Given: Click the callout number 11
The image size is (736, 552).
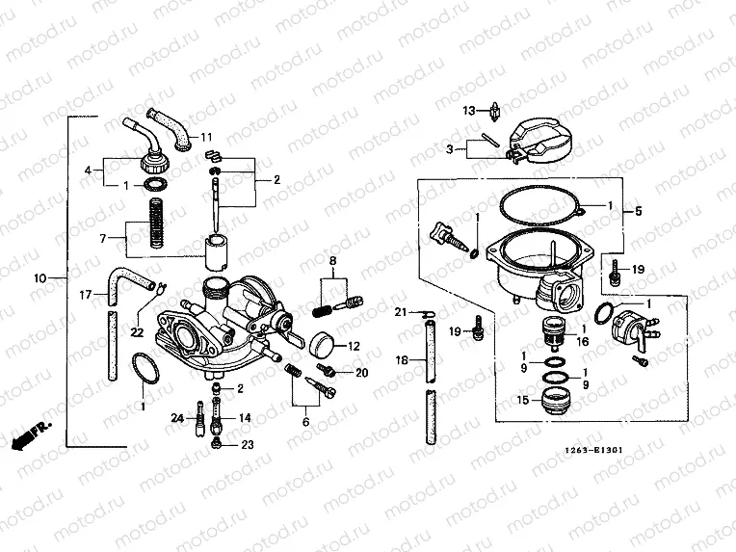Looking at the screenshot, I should pyautogui.click(x=206, y=137).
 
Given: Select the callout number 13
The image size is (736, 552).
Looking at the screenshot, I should pyautogui.click(x=469, y=111).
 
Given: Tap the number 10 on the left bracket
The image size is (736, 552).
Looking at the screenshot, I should pyautogui.click(x=40, y=278).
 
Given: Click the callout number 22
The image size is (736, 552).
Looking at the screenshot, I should pyautogui.click(x=138, y=332).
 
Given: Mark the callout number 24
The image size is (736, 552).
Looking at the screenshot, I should pyautogui.click(x=176, y=418).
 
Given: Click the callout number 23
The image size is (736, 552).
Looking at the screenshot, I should pyautogui.click(x=248, y=445).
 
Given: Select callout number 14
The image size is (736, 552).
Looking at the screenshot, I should pyautogui.click(x=245, y=418).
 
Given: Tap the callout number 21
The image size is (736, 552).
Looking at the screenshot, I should pyautogui.click(x=402, y=312).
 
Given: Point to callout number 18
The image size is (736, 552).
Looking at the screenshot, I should pyautogui.click(x=402, y=359).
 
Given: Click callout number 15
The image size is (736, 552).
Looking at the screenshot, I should pyautogui.click(x=523, y=400).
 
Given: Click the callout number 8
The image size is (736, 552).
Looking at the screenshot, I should pyautogui.click(x=333, y=261).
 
